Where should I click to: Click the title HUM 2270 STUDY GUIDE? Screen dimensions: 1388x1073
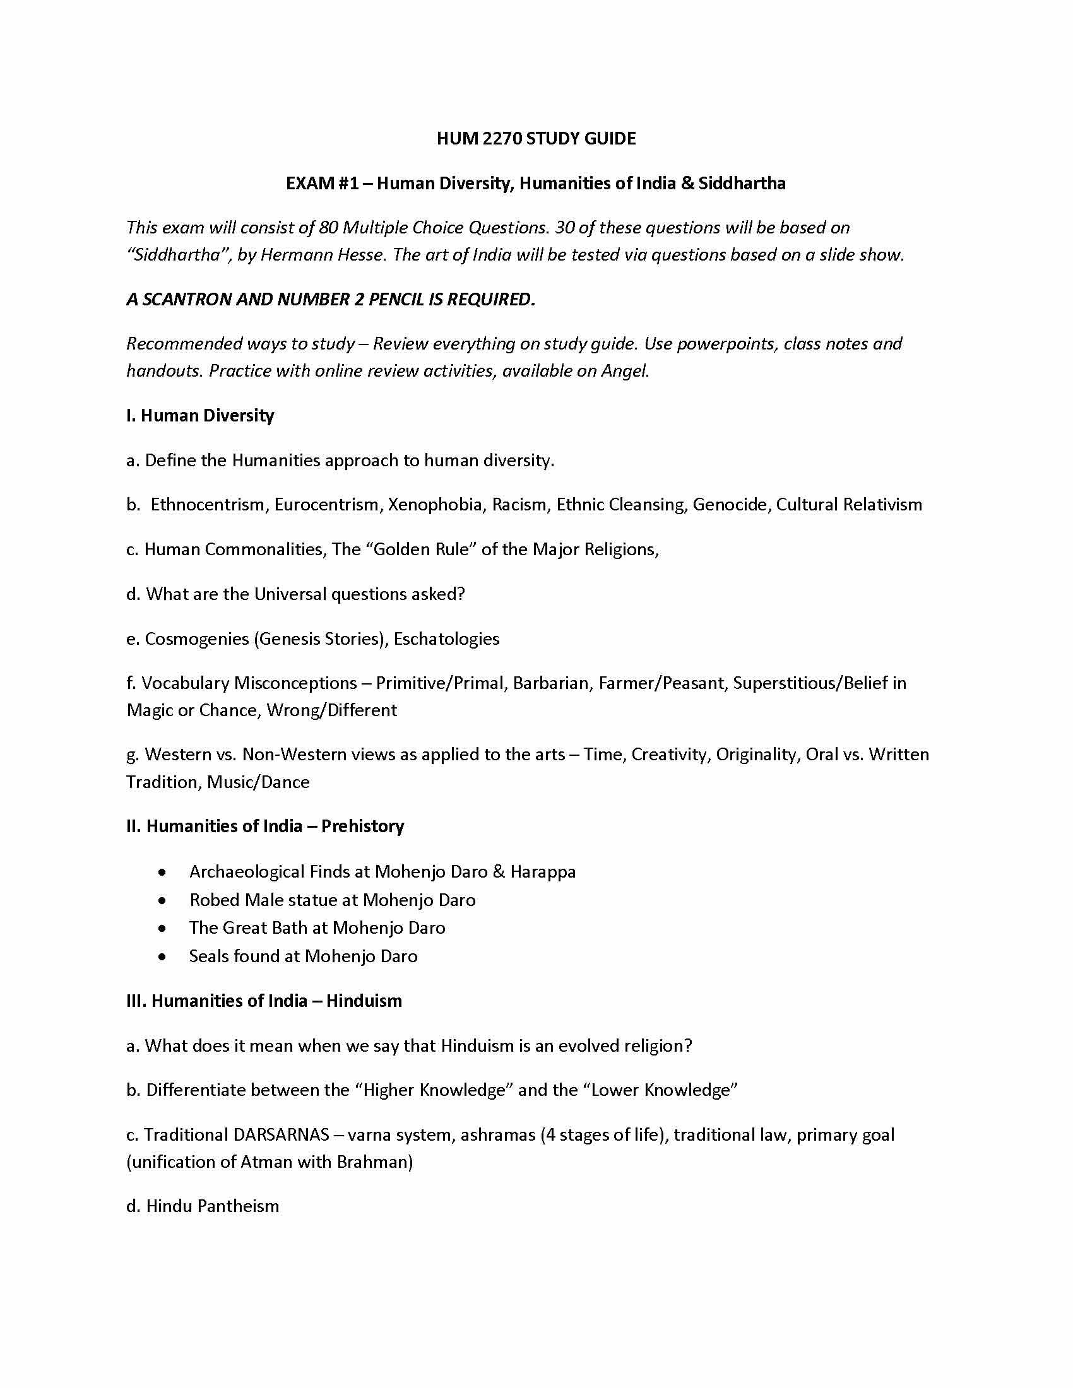536,139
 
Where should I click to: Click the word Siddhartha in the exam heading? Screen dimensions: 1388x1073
742,184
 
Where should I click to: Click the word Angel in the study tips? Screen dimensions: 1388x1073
624,371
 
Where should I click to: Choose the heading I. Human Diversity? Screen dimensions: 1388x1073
200,416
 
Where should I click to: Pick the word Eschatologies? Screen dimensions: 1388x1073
446,638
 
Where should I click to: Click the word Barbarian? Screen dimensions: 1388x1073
550,683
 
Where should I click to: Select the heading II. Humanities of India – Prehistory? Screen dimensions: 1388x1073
265,826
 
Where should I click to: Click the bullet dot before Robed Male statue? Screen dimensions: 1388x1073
163,901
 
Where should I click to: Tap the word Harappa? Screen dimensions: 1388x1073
543,872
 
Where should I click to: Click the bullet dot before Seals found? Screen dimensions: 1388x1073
163,957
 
